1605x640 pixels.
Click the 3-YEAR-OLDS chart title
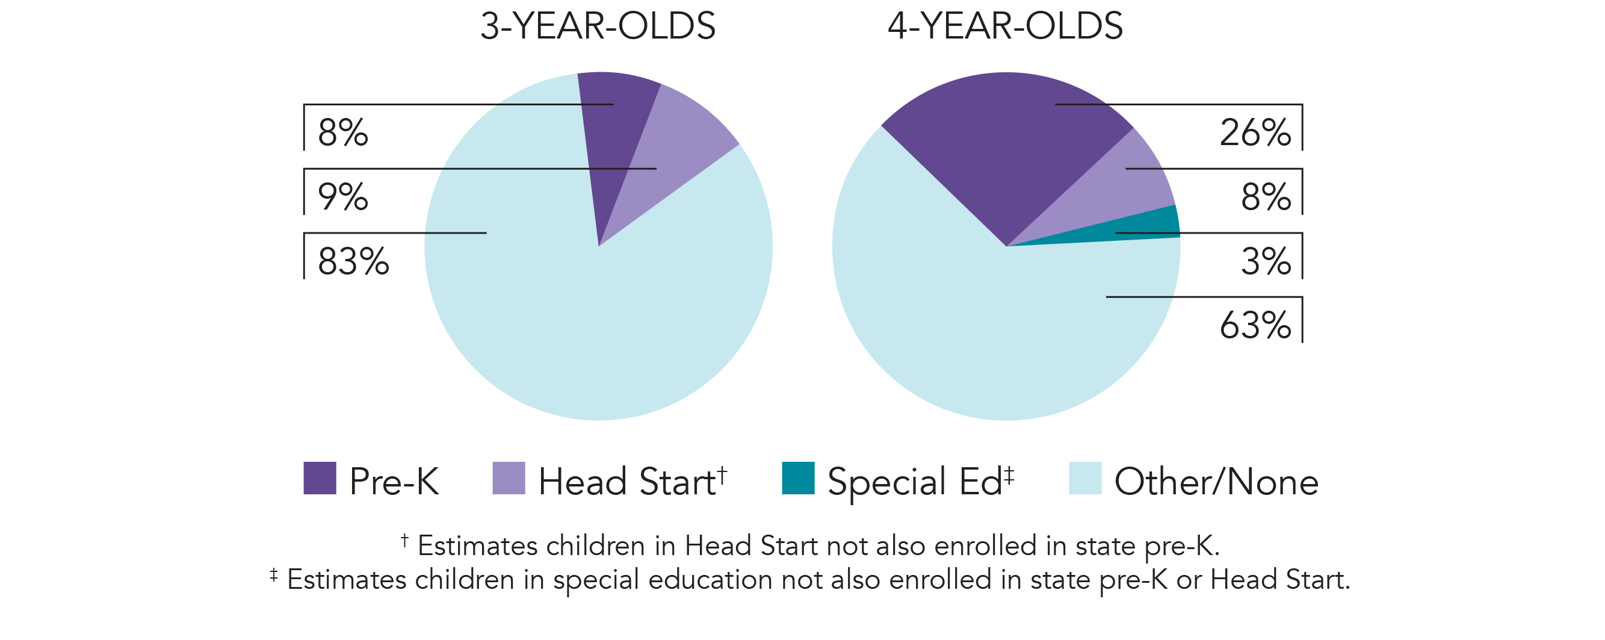point(598,27)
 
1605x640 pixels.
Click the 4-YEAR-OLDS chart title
point(1005,27)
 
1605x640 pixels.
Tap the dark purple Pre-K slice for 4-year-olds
point(1009,143)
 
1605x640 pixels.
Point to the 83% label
point(353,262)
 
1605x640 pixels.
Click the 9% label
point(342,197)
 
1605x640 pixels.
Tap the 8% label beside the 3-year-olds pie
point(342,132)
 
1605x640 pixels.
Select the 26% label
point(1255,132)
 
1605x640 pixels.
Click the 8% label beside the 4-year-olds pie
point(1266,197)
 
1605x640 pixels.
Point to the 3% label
point(1266,262)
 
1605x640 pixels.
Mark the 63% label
point(1255,325)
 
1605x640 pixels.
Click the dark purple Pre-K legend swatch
point(320,478)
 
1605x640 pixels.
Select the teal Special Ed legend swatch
point(798,478)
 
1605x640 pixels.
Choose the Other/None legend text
point(1216,482)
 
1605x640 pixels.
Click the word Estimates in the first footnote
point(478,546)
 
